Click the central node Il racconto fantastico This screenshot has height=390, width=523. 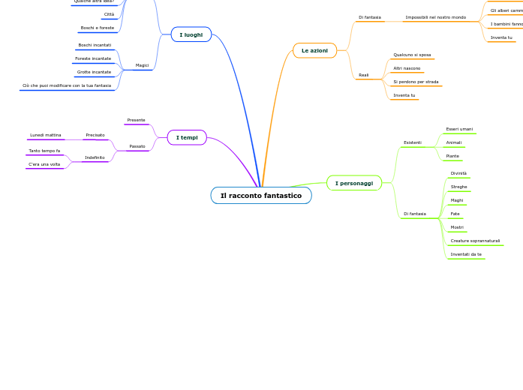pos(261,196)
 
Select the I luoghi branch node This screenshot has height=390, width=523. pos(191,34)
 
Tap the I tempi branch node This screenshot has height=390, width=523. pos(187,137)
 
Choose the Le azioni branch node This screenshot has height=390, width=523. pos(314,50)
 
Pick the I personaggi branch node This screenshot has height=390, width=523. pos(353,183)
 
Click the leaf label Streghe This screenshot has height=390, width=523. pos(458,187)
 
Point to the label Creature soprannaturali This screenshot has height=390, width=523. pos(475,241)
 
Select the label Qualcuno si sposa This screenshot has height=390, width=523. pos(412,55)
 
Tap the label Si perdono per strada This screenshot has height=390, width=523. pos(416,82)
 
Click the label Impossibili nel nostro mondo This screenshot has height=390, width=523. pos(435,17)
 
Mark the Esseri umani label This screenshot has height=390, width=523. pos(459,129)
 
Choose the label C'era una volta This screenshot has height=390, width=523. pos(44,164)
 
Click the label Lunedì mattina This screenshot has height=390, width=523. pos(46,135)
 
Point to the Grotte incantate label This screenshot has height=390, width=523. pos(94,72)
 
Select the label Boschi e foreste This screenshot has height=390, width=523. pos(98,28)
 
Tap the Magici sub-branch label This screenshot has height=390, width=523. pos(142,65)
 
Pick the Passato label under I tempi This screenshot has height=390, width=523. pos(137,146)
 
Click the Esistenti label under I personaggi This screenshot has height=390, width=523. pos(413,142)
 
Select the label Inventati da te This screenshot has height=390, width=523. pos(466,254)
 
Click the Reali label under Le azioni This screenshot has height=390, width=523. pos(364,75)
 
